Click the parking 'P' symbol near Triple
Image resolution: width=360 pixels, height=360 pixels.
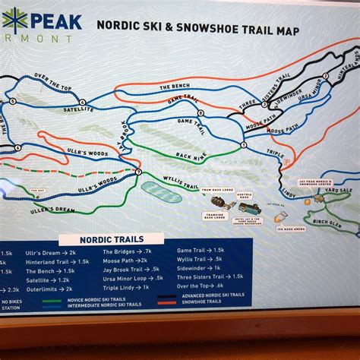[286, 161]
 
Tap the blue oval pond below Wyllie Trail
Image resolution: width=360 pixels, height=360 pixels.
[161, 191]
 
